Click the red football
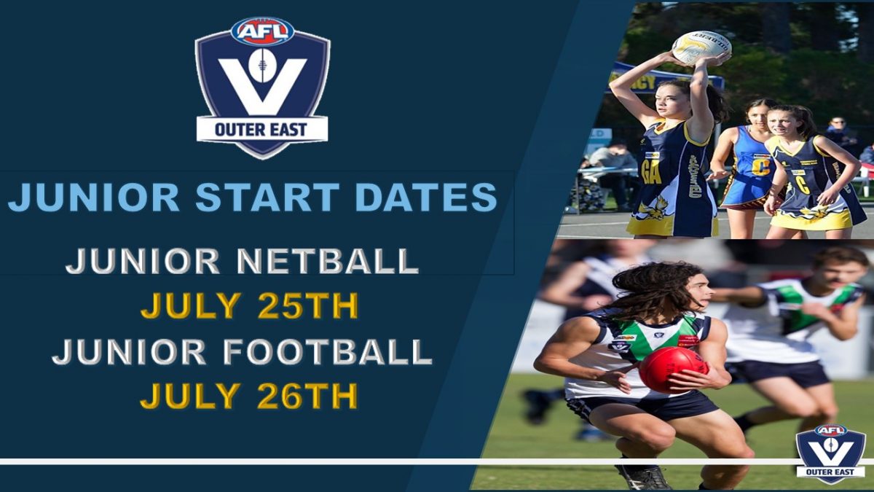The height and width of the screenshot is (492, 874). tap(673, 370)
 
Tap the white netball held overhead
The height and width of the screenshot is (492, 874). tap(701, 47)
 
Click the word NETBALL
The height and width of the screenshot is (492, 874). tap(327, 261)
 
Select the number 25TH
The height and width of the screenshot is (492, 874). tap(308, 305)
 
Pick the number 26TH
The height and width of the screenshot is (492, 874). tap(308, 396)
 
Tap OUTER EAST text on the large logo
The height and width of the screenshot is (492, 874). tap(261, 130)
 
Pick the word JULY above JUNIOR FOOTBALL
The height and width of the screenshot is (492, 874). tap(190, 305)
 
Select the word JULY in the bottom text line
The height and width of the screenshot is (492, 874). tap(190, 396)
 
